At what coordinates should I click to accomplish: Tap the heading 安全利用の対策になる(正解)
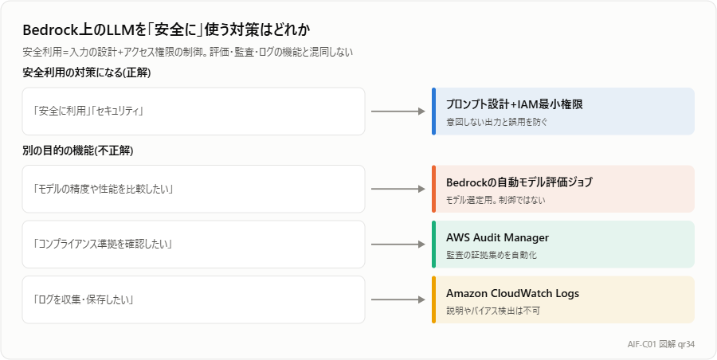pos(86,72)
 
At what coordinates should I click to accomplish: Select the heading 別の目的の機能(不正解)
pos(78,151)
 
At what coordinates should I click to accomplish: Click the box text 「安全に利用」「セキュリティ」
pos(88,112)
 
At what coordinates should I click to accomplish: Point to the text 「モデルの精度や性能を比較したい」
pos(103,189)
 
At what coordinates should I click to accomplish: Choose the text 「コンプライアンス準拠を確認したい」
pos(103,245)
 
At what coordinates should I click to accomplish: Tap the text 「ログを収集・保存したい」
pos(83,299)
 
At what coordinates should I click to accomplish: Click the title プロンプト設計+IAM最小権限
pos(515,105)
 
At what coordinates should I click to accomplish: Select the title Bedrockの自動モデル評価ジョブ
pos(519,182)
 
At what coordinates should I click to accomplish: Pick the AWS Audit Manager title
pos(497,237)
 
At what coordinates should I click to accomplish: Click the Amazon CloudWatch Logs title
pos(512,293)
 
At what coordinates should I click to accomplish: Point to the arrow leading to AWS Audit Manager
pos(398,245)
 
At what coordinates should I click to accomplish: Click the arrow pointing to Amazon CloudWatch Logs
pos(398,299)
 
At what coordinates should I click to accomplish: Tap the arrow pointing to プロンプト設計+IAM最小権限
pos(398,112)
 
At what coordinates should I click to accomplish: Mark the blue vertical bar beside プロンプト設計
pos(433,112)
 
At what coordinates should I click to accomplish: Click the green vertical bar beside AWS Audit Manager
pos(433,245)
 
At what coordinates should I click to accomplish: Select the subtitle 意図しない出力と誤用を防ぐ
pos(497,122)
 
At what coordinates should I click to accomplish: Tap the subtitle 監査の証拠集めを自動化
pos(492,255)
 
